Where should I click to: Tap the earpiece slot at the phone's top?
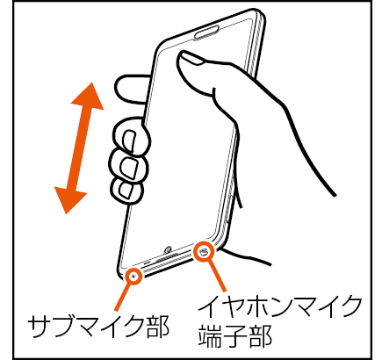206,32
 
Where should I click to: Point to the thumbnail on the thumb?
191,58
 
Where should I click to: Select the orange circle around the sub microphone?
133,276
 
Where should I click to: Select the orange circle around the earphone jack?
204,251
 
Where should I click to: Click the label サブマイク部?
98,326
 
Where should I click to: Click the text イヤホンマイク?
280,306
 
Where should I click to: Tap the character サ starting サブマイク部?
40,326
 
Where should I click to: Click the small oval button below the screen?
168,249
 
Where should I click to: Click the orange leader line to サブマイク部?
125,296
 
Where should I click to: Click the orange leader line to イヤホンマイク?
216,275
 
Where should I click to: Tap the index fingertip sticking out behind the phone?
131,89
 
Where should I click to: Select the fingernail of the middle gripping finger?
128,168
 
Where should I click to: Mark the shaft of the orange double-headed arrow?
79,148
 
